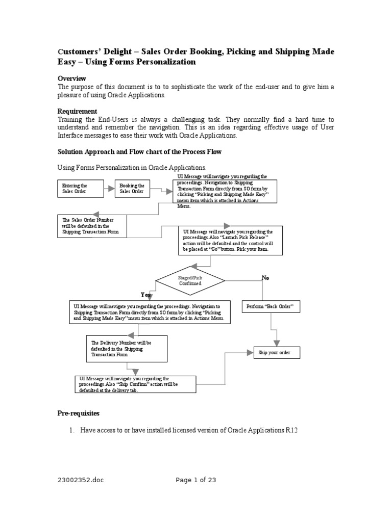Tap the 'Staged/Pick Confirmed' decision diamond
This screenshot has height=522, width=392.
pyautogui.click(x=190, y=280)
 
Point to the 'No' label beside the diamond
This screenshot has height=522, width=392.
pyautogui.click(x=265, y=277)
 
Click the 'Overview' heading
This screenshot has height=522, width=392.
pyautogui.click(x=71, y=79)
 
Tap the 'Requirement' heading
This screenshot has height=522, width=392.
pyautogui.click(x=77, y=111)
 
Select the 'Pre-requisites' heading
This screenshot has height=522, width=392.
pyautogui.click(x=79, y=413)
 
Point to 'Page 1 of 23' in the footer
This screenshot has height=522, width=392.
pyautogui.click(x=196, y=479)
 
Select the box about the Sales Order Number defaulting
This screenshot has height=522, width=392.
pyautogui.click(x=92, y=226)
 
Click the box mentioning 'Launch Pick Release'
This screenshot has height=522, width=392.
pyautogui.click(x=231, y=241)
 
